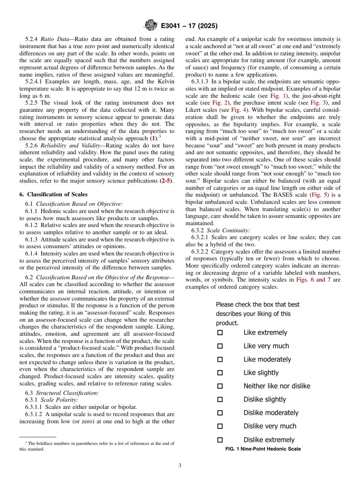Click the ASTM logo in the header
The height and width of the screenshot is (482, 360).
point(151,26)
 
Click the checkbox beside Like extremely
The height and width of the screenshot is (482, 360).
point(220,333)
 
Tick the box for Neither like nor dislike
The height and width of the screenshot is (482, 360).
point(220,386)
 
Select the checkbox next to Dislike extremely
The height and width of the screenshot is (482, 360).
point(220,440)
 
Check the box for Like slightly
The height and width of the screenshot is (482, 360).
point(220,373)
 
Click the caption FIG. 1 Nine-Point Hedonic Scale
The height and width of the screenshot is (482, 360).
point(263,449)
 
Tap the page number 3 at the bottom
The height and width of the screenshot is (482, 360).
point(180,466)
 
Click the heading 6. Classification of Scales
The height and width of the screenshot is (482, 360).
point(53,194)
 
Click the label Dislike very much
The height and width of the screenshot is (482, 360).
point(270,426)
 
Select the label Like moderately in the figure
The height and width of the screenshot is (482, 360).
point(267,360)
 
